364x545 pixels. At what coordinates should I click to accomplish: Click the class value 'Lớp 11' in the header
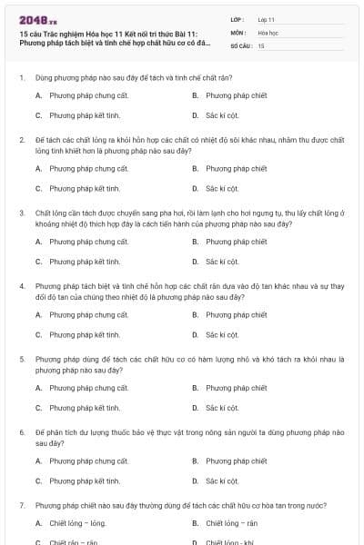tap(267, 18)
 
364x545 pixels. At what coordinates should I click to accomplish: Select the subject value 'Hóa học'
tap(268, 32)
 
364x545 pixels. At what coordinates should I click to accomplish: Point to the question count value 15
tap(261, 45)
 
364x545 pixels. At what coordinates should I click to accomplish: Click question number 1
tap(21, 77)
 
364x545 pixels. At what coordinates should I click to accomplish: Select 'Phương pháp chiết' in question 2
tap(236, 168)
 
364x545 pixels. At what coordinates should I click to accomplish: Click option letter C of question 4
tap(38, 334)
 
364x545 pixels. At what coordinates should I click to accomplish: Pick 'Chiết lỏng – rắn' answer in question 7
tap(231, 523)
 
